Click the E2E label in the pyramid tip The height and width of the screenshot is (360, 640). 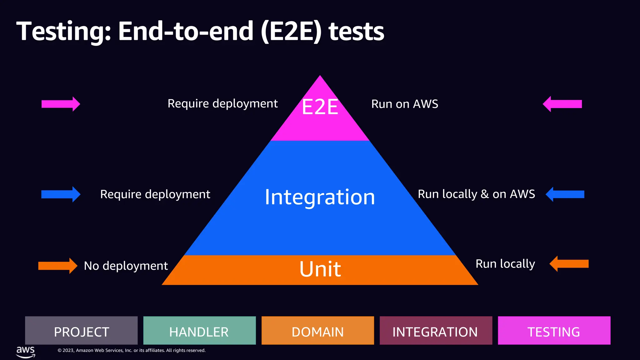(x=320, y=107)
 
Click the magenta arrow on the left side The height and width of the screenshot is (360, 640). (x=61, y=104)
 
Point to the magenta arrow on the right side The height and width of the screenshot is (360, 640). (x=562, y=104)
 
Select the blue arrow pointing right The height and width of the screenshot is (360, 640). (x=61, y=194)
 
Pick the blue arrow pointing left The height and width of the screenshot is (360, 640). (x=565, y=194)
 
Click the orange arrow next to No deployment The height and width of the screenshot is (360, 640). (x=57, y=266)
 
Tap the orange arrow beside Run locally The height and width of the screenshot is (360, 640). (x=569, y=264)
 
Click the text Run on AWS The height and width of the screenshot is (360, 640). (x=405, y=104)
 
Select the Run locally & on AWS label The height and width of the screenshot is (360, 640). (x=476, y=194)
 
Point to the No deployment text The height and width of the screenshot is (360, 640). (x=126, y=266)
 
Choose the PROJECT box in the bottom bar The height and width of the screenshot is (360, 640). (x=81, y=331)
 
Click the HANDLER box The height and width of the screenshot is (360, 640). (x=199, y=331)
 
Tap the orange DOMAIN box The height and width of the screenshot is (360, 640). (x=317, y=331)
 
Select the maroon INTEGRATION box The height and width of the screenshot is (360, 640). (x=436, y=331)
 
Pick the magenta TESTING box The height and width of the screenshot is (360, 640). (x=554, y=331)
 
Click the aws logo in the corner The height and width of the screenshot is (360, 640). (x=26, y=351)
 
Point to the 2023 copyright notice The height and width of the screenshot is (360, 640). (x=132, y=350)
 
